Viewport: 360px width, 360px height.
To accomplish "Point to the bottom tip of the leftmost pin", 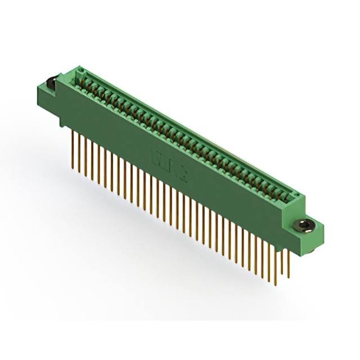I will [x=74, y=167].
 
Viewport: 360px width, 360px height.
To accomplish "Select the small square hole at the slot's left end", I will [x=80, y=71].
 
